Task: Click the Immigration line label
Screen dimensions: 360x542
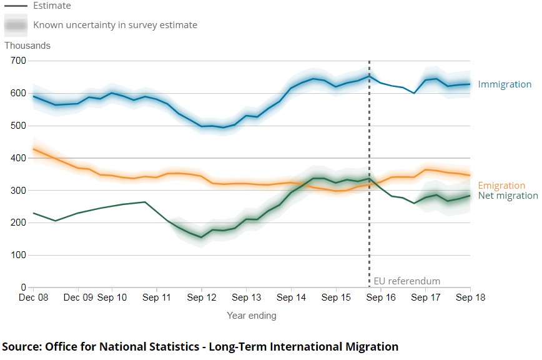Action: (505, 84)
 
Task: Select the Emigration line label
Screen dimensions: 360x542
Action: (501, 186)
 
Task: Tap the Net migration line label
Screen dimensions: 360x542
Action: (508, 196)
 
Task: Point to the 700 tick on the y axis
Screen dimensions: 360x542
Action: (18, 61)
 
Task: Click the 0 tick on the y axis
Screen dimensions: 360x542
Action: (23, 287)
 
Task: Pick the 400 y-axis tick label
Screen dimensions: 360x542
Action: (18, 158)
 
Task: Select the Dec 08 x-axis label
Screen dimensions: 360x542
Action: (34, 298)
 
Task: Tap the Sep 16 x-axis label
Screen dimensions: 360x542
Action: (381, 298)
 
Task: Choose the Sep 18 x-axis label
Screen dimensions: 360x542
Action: (471, 298)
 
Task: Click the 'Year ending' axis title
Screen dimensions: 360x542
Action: (251, 316)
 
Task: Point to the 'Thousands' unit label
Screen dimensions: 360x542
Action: (27, 46)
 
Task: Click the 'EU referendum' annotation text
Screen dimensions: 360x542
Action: (406, 281)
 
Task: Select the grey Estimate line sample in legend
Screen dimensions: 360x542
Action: (16, 6)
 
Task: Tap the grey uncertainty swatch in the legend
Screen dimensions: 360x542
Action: (16, 26)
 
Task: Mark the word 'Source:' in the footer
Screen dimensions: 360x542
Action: (22, 346)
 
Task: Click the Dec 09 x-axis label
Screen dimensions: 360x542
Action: (79, 298)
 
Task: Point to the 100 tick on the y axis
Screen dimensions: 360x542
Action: (18, 255)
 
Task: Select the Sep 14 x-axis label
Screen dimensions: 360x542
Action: (291, 298)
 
